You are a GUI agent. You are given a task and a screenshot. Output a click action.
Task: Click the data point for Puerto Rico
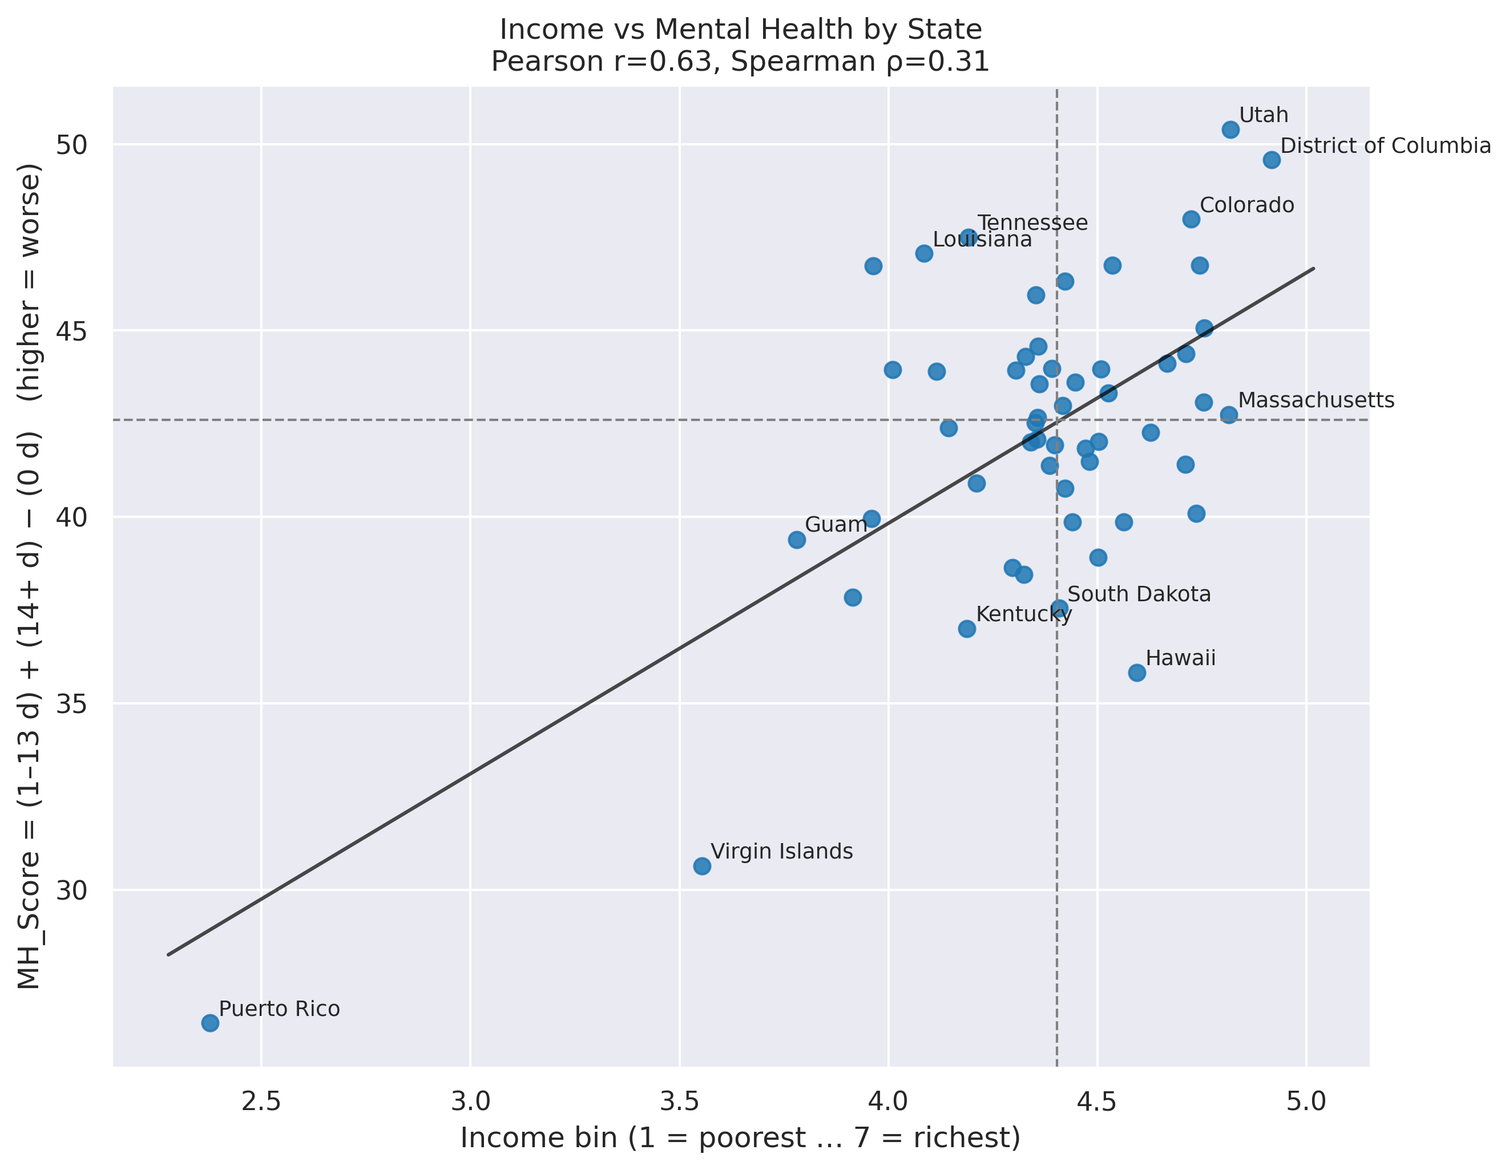point(210,1023)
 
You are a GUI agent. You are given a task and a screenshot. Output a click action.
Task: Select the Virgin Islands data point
point(702,866)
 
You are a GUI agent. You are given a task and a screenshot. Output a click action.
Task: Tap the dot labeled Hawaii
point(1136,673)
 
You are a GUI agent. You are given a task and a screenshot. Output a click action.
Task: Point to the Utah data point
point(1230,130)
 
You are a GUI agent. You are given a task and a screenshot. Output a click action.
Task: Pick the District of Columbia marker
point(1272,160)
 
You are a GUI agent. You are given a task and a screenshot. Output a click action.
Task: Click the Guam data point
point(797,540)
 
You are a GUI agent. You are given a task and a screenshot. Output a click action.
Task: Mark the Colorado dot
point(1191,220)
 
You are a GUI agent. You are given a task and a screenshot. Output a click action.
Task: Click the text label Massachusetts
point(1316,400)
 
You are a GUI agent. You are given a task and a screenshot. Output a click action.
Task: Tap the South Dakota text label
point(1139,594)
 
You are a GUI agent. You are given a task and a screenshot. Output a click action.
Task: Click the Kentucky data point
point(967,629)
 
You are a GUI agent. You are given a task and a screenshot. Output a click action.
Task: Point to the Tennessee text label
point(1032,223)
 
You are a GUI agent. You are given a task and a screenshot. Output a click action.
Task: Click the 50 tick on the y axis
point(72,145)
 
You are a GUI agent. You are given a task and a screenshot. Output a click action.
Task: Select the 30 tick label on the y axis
point(72,891)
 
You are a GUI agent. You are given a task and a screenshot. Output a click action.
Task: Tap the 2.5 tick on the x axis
point(261,1101)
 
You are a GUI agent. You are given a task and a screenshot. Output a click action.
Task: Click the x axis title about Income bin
point(741,1137)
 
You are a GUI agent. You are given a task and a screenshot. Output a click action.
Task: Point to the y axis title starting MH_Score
point(29,576)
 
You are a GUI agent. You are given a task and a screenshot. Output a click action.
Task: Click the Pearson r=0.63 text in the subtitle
point(601,62)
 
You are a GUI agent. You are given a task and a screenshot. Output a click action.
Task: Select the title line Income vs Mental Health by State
point(741,30)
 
